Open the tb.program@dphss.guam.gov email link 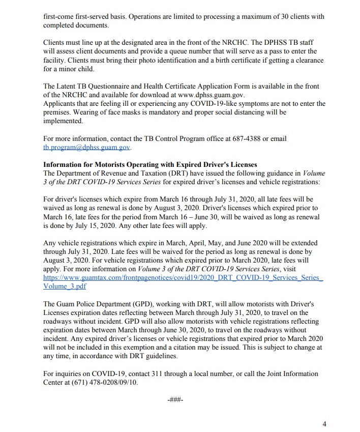click(x=87, y=147)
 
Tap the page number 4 click(x=324, y=423)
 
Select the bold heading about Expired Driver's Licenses click(x=150, y=164)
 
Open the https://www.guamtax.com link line click(x=183, y=278)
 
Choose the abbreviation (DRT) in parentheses click(x=179, y=172)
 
